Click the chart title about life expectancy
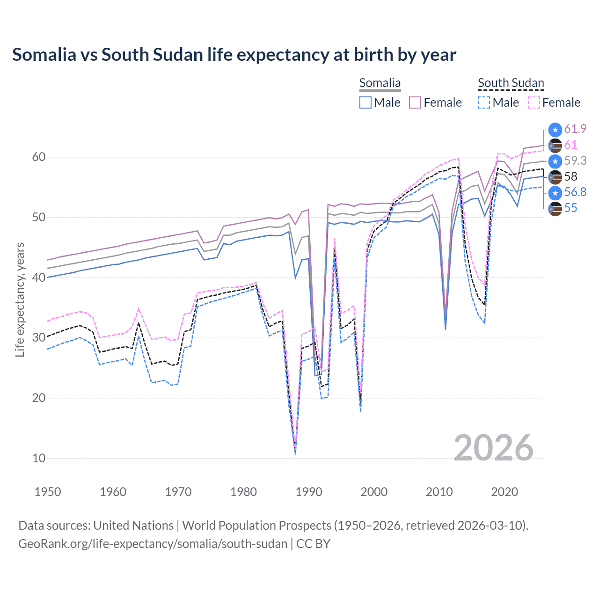click(x=234, y=55)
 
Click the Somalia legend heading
click(x=380, y=83)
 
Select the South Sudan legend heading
click(x=511, y=83)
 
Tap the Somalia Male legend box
click(x=365, y=102)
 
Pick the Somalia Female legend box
click(x=415, y=102)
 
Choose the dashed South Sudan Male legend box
click(x=484, y=102)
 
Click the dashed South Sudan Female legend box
click(x=534, y=102)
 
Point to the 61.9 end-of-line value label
click(x=575, y=129)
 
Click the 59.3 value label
click(x=575, y=161)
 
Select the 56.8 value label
click(x=575, y=192)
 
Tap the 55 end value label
click(x=570, y=208)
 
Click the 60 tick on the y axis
click(x=39, y=157)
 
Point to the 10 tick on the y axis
click(x=39, y=458)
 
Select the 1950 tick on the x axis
click(x=48, y=492)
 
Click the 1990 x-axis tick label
click(x=309, y=492)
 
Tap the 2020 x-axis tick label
click(x=504, y=492)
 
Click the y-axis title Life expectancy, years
click(x=20, y=299)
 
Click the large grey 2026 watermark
click(x=493, y=448)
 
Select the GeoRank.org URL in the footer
click(x=153, y=544)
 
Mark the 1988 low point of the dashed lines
click(x=295, y=452)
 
